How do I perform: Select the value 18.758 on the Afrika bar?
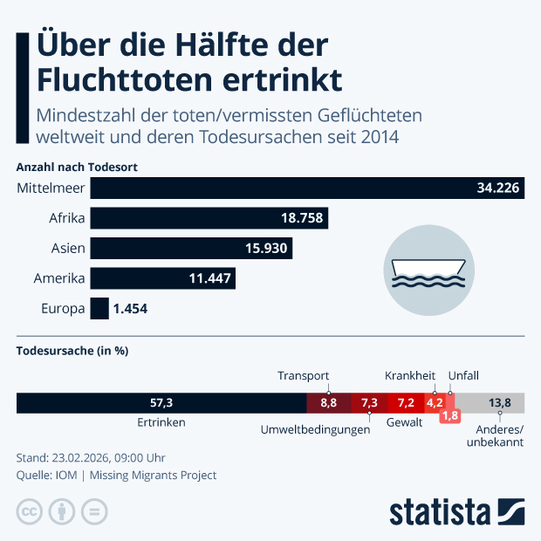[298, 218]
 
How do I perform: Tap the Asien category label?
[68, 249]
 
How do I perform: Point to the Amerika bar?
[163, 278]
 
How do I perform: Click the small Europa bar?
[99, 309]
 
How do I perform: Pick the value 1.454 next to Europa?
[132, 309]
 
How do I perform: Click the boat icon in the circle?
[428, 268]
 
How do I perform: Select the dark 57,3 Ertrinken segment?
[161, 403]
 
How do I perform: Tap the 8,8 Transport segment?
[328, 403]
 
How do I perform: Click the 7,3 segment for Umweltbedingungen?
[369, 403]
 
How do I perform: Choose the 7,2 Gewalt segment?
[406, 403]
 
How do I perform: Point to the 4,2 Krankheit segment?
[435, 403]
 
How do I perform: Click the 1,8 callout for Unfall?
[450, 416]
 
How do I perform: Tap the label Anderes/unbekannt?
[499, 435]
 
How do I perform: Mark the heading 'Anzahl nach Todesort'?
[78, 166]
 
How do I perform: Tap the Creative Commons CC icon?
[30, 512]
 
